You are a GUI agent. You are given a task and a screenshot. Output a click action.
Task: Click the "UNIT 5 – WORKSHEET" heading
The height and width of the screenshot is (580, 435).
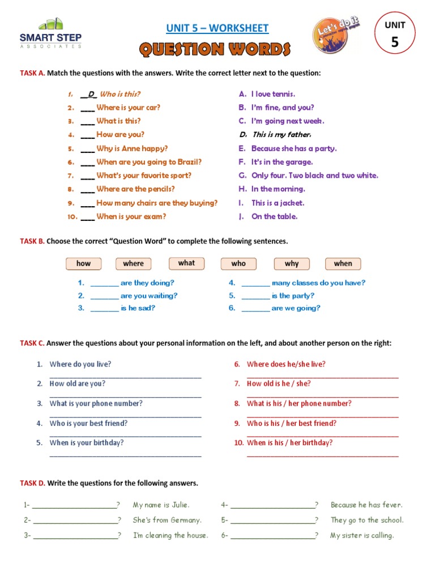(217, 28)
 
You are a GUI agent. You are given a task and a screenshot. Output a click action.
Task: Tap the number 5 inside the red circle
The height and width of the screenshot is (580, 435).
(395, 43)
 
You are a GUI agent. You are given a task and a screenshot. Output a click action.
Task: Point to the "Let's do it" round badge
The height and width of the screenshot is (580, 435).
(335, 36)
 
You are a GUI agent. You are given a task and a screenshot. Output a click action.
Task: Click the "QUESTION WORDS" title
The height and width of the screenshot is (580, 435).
(215, 50)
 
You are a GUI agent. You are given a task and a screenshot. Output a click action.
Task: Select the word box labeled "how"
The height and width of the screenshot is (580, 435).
(83, 263)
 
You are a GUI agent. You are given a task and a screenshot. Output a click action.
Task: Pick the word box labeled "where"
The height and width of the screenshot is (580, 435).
(134, 263)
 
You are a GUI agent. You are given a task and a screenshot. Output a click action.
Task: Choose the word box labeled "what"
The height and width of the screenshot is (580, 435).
(186, 263)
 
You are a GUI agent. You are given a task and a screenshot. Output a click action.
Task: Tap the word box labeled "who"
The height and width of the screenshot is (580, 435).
(238, 263)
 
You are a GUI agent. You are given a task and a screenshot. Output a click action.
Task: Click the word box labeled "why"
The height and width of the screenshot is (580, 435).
(292, 263)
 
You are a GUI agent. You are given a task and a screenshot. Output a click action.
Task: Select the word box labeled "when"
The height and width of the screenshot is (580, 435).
(343, 263)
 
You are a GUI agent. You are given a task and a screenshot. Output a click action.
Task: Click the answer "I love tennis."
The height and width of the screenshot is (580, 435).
(273, 94)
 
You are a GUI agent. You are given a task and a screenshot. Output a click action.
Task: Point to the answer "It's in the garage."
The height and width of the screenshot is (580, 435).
(282, 162)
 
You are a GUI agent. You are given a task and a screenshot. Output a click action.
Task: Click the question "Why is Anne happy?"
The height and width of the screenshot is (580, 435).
(132, 148)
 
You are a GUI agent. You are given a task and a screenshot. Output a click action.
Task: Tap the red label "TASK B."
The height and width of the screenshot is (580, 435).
(32, 241)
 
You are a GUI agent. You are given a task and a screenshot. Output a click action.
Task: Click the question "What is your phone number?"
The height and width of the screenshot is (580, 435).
(96, 403)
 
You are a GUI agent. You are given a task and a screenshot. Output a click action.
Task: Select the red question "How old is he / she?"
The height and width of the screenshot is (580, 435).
(279, 383)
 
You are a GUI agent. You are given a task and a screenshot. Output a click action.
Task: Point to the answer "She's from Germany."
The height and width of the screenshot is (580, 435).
(167, 520)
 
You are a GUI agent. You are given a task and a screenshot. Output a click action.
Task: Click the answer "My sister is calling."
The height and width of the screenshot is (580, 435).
(362, 535)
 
